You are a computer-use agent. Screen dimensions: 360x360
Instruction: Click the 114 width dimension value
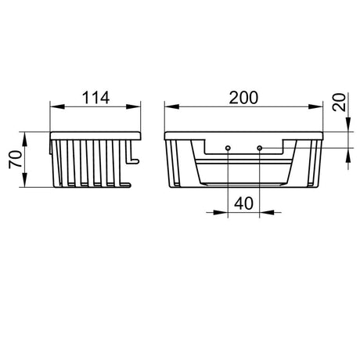95,98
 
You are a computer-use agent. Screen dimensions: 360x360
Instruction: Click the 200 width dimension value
243,98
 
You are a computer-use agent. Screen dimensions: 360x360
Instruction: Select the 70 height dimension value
16,160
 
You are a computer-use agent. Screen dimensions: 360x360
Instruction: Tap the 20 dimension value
339,102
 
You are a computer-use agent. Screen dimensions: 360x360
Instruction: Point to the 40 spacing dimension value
243,203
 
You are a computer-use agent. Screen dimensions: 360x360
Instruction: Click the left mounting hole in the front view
228,148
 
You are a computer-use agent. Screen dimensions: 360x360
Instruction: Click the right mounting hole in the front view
259,148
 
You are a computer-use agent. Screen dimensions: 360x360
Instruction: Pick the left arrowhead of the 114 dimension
57,106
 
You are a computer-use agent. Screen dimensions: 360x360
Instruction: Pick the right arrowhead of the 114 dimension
134,106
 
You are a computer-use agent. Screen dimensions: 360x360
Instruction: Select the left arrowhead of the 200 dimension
171,106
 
